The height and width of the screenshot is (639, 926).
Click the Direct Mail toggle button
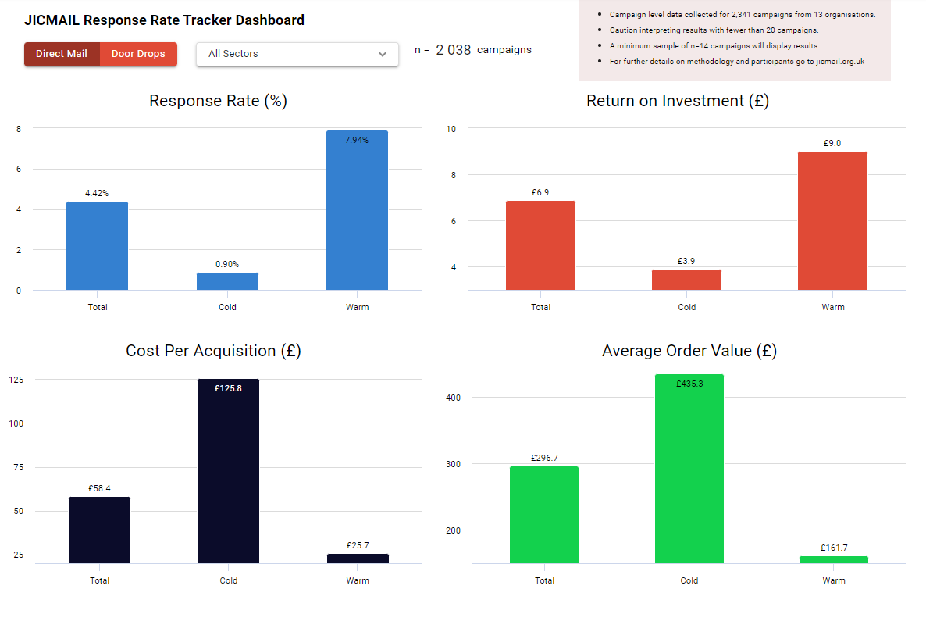pos(62,54)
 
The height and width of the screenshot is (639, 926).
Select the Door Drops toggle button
pos(138,54)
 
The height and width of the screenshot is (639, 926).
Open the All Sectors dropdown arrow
pos(382,54)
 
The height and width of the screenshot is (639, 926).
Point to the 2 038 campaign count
pos(453,50)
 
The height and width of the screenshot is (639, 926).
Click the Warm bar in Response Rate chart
pos(357,211)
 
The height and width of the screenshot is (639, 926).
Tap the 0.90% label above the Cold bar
pos(227,264)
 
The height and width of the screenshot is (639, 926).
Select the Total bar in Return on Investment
pos(540,245)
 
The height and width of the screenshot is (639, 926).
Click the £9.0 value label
pos(832,143)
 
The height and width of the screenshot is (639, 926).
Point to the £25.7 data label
pos(357,545)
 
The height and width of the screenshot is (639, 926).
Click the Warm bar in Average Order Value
pos(834,559)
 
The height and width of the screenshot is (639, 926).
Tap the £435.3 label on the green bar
pos(689,384)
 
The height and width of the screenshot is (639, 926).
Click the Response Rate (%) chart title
pos(218,101)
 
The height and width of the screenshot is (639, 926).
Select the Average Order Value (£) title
pos(689,351)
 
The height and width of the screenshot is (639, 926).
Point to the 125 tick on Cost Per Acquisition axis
pos(16,380)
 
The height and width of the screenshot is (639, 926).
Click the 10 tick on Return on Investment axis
pos(451,128)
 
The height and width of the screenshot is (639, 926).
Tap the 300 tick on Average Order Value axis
pos(453,464)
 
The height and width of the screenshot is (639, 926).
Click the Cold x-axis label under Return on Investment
pos(687,307)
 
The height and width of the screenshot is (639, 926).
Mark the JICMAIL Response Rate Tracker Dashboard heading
pos(164,20)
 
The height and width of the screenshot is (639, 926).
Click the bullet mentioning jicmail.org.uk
pos(736,61)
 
